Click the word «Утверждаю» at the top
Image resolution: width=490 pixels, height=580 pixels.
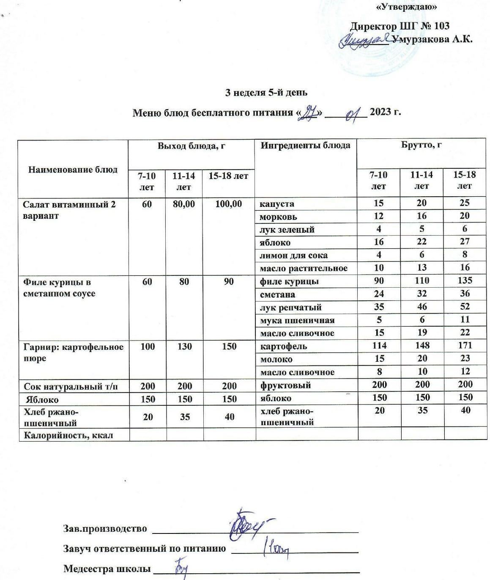pos(406,7)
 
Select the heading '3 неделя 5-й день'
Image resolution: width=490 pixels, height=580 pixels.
pos(266,92)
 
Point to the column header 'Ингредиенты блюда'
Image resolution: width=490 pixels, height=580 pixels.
pos(305,146)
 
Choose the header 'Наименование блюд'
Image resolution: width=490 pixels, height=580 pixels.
pos(73,170)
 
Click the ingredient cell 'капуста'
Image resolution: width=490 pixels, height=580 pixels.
pos(277,203)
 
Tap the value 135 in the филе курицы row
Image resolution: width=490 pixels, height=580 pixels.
pos(464,280)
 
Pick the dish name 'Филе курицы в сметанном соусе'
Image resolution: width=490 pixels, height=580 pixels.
pos(59,288)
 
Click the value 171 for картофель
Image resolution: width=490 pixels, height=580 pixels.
pos(464,345)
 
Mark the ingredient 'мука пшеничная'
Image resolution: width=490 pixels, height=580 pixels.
pos(297,320)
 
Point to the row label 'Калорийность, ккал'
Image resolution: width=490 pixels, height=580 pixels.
pos(68,435)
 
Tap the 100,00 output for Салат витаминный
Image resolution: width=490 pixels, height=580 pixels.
pos(228,204)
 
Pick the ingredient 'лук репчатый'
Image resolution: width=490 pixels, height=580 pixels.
pos(287,308)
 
